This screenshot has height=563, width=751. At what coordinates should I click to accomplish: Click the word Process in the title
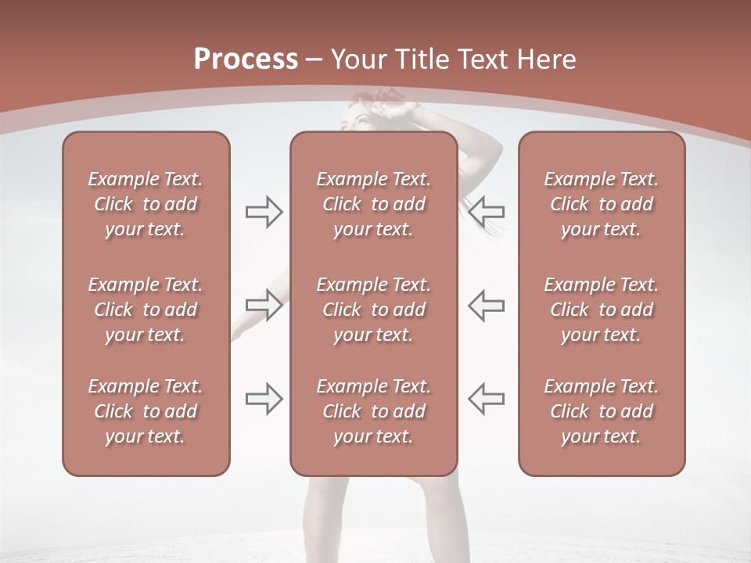click(x=246, y=59)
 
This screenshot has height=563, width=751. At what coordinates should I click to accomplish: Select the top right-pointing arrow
click(x=264, y=211)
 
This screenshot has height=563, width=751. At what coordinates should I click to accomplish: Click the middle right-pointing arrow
click(x=264, y=305)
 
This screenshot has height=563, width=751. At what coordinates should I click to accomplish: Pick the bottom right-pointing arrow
click(x=264, y=399)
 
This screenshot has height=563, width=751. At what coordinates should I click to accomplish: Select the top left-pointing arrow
click(x=487, y=211)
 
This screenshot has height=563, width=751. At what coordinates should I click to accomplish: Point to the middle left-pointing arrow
click(x=487, y=305)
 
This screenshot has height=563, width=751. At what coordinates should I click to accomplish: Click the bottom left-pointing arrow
click(x=487, y=399)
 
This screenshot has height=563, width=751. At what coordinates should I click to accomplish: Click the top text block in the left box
click(x=146, y=204)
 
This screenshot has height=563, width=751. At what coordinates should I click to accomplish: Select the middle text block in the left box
click(x=146, y=310)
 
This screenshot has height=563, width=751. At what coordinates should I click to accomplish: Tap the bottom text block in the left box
click(x=146, y=411)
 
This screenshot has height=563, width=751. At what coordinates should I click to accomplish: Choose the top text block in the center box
click(x=374, y=204)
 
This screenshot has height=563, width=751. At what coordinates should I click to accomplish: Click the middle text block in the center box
click(x=374, y=310)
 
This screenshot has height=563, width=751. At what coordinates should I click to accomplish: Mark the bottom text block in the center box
click(x=374, y=411)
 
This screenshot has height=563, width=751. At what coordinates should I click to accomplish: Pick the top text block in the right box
click(x=602, y=204)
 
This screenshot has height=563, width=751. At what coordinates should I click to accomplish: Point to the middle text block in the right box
click(x=602, y=310)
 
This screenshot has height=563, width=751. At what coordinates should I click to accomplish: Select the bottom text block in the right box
click(x=602, y=411)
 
